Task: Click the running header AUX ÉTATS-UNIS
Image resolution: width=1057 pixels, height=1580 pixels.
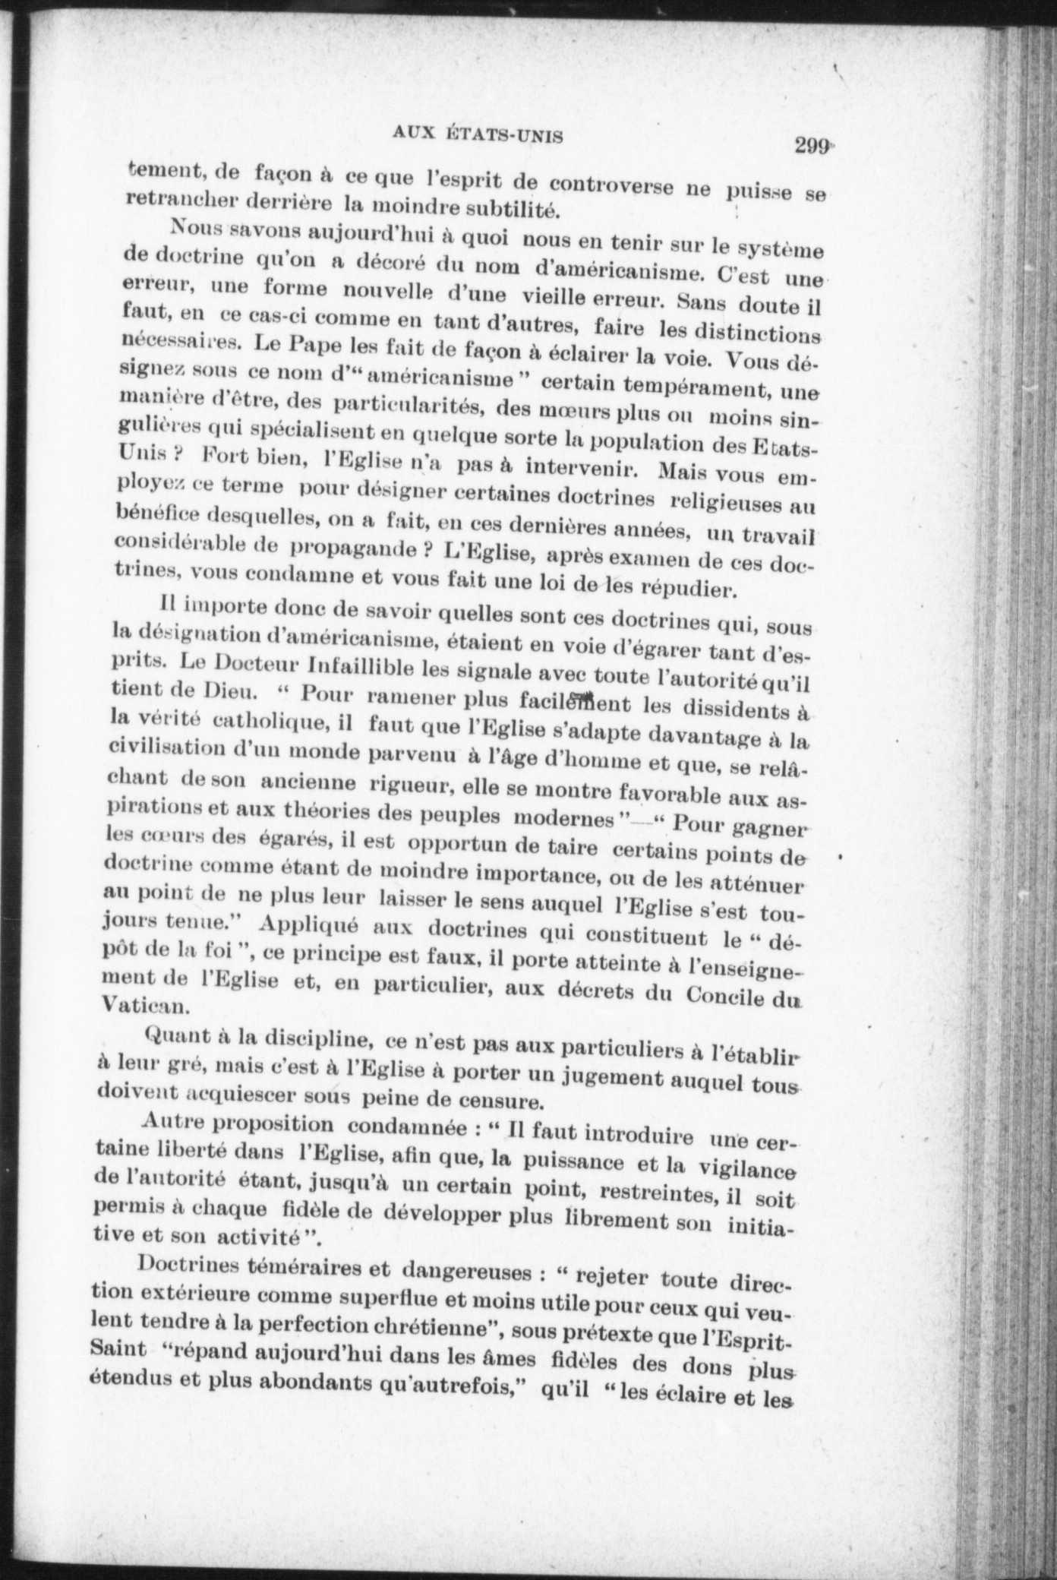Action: pos(478,134)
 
